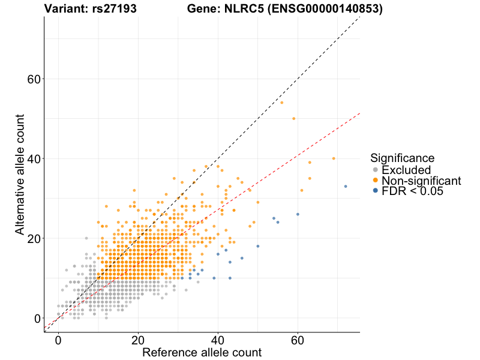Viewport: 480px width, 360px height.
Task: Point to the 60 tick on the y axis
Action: [34, 79]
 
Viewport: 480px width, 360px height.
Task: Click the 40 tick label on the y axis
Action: [34, 159]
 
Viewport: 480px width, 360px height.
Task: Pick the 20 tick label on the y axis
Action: [34, 239]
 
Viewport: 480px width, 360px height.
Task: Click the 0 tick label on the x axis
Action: [58, 340]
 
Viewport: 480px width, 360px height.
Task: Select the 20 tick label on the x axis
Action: [138, 340]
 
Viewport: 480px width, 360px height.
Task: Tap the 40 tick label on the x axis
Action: [218, 340]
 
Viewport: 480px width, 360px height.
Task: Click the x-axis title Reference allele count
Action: [202, 352]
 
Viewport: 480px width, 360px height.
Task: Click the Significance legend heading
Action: [402, 158]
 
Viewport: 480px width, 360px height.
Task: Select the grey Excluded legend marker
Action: [376, 170]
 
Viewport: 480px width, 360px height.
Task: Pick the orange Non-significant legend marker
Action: [376, 181]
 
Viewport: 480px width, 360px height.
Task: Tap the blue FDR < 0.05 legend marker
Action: [376, 191]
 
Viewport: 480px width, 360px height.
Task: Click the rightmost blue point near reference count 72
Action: [346, 187]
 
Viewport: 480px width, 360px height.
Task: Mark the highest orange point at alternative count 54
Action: [281, 103]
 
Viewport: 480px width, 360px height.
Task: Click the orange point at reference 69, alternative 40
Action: [334, 158]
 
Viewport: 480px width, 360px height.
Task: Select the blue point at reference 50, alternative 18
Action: [258, 246]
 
